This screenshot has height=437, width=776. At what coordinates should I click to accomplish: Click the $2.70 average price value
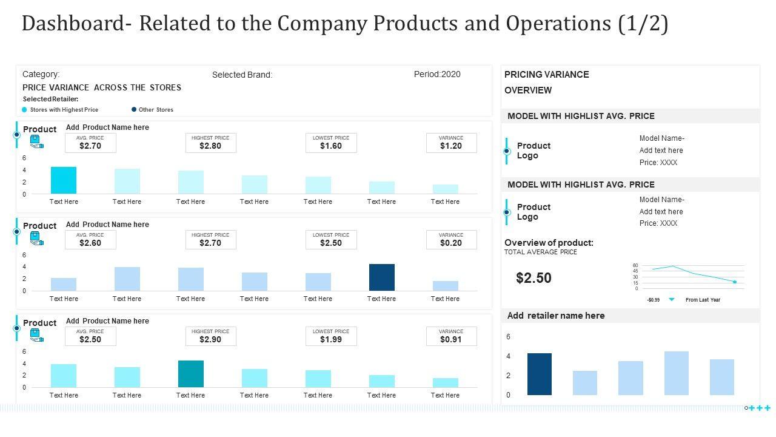click(x=90, y=146)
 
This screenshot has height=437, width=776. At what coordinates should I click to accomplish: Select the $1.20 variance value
click(x=451, y=146)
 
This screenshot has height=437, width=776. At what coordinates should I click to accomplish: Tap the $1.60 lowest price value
click(x=331, y=146)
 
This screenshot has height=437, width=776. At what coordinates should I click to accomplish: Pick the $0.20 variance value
click(x=451, y=243)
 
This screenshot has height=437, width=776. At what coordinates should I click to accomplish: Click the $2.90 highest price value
click(x=210, y=340)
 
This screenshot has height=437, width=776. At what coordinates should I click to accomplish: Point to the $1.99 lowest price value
click(x=331, y=340)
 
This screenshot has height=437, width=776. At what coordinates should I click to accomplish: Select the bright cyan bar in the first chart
click(x=64, y=180)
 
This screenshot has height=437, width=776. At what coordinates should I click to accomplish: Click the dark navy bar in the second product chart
click(x=382, y=277)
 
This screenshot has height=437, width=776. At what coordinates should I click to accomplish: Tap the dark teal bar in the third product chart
click(x=191, y=374)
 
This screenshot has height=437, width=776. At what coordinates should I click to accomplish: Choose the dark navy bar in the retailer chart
click(x=540, y=374)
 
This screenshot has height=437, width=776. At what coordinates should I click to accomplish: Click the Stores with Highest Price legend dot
click(x=24, y=110)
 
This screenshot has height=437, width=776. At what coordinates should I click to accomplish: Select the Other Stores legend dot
click(x=134, y=110)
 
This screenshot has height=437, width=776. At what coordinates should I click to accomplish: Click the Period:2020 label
click(x=437, y=75)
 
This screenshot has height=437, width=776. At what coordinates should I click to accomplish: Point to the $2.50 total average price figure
click(x=534, y=278)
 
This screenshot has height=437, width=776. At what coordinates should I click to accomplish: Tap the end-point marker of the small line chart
click(x=735, y=282)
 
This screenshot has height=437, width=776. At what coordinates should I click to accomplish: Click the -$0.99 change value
click(x=653, y=300)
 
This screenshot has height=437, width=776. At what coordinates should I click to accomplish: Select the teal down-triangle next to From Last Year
click(x=672, y=300)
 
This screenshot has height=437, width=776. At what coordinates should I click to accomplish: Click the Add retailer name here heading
click(x=556, y=316)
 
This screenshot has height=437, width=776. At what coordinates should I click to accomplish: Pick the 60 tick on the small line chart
click(x=635, y=266)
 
